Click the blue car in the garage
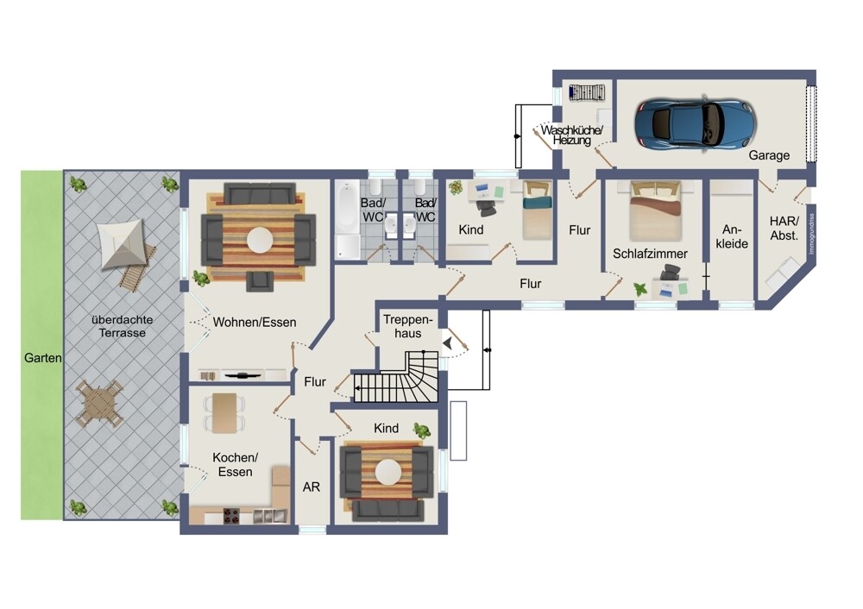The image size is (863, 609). coord(695,123)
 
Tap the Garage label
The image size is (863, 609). coord(769,156)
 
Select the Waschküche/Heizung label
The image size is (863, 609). coord(573,135)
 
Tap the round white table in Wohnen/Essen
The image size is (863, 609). coord(258,238)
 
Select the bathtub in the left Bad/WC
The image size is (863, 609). coord(346,223)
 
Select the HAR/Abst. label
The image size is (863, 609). coord(784,229)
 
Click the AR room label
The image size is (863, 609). coord(312,487)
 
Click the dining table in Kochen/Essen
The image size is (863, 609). coord(225,413)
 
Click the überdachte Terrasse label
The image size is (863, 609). coord(121,325)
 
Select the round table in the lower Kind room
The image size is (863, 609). coord(387,474)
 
